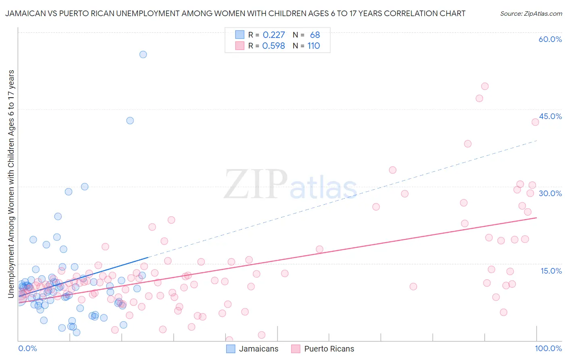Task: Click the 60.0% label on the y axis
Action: point(550,39)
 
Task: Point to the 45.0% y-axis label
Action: point(550,116)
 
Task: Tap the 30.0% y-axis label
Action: point(550,193)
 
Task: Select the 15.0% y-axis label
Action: point(551,271)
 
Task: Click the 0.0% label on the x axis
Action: point(27,349)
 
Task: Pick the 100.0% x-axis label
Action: point(548,349)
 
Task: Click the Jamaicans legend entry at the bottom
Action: point(258,349)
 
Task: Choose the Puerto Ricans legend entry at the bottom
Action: point(329,349)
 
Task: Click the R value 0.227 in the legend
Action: point(274,35)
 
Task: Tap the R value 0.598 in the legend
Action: point(274,46)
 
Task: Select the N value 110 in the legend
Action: point(313,46)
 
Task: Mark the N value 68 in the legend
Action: point(315,35)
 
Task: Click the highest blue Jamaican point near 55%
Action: point(143,54)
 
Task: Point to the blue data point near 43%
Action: point(130,120)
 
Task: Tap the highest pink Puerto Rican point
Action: point(485,86)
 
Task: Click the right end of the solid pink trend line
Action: point(536,218)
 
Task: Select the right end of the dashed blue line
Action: point(537,140)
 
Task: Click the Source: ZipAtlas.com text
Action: point(531,14)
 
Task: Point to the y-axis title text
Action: point(11,184)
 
